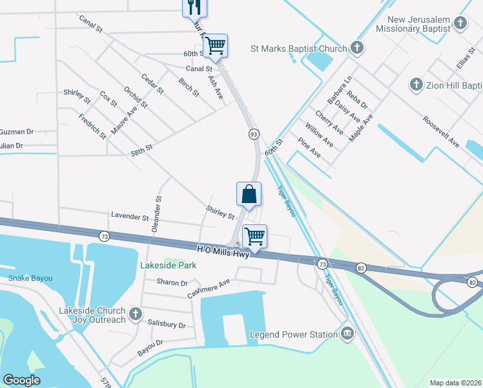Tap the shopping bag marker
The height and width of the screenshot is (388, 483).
(x=249, y=193)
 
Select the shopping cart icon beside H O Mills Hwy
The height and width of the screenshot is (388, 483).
(x=254, y=237)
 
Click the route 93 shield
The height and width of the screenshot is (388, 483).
(x=254, y=134)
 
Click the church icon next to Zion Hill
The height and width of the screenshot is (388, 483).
(x=416, y=85)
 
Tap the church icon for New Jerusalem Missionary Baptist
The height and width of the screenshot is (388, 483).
(x=460, y=24)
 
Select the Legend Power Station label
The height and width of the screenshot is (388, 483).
(x=294, y=334)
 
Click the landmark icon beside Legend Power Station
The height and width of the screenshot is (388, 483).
(x=347, y=334)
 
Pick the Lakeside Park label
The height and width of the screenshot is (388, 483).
(x=169, y=265)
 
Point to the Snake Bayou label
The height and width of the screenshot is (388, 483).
(x=30, y=278)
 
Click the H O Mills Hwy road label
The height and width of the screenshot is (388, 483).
(x=222, y=249)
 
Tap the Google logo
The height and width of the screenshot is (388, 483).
(x=22, y=380)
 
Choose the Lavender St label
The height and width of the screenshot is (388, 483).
(x=130, y=217)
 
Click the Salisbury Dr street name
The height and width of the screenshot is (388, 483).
(x=166, y=324)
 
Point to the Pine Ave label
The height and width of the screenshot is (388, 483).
(x=309, y=148)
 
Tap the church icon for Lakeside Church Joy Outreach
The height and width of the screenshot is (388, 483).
(x=135, y=314)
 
